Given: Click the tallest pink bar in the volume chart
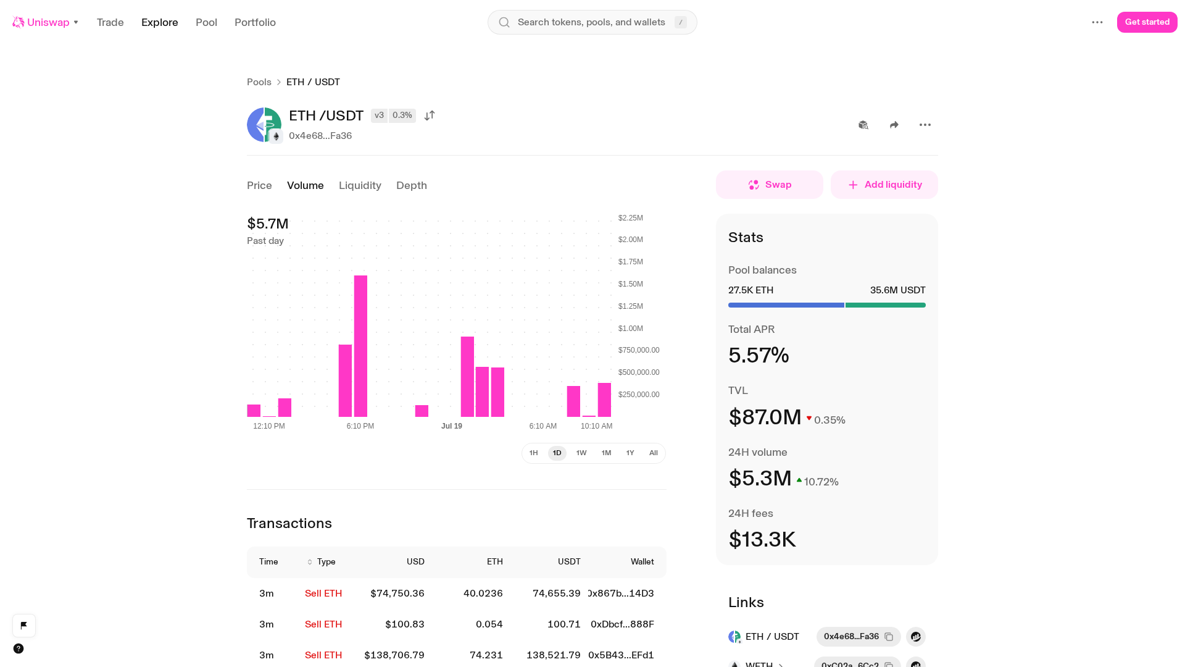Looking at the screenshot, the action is [360, 346].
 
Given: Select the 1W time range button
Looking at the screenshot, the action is [581, 453].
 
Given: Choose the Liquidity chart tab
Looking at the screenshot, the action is [360, 185].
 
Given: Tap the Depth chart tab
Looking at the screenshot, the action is [412, 185].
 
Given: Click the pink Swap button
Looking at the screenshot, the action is [770, 185].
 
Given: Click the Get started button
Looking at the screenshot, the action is [1147, 22].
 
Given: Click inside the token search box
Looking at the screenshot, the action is [592, 22].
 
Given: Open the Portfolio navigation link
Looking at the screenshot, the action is [255, 22].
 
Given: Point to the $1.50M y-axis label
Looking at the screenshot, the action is [631, 284].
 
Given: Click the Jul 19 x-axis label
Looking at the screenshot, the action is [452, 426].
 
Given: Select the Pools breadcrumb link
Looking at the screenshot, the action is [259, 82].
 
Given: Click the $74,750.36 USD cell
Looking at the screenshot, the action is [397, 594].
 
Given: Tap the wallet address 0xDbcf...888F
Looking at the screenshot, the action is [622, 624].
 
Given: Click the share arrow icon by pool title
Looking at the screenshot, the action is [894, 125].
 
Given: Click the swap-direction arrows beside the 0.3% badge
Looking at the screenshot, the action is [430, 115].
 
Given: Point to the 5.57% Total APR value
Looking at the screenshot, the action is [759, 355].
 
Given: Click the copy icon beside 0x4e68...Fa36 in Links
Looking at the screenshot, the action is [889, 637].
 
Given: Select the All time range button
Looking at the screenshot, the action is [654, 453].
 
